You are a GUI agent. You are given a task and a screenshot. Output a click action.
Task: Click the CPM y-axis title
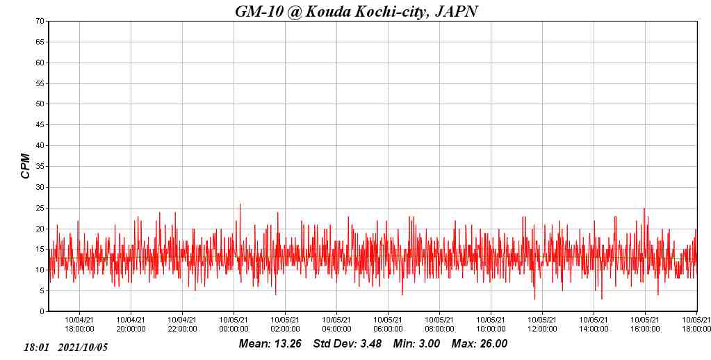[x=26, y=166]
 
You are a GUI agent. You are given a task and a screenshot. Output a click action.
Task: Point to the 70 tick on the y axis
[x=41, y=21]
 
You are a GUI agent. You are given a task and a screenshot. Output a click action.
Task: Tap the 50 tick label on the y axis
[x=41, y=104]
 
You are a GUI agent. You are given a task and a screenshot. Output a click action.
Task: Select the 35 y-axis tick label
[x=41, y=167]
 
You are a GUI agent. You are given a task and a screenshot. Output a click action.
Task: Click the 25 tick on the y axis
[x=41, y=208]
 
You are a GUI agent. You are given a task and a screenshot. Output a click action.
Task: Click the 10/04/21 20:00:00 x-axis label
[x=131, y=325]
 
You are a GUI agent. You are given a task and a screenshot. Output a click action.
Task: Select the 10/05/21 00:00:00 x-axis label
[x=234, y=325]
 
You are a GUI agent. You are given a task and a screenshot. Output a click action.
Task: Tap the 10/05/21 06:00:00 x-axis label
[x=388, y=325]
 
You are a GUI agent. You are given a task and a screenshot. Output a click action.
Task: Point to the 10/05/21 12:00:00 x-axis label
[x=542, y=325]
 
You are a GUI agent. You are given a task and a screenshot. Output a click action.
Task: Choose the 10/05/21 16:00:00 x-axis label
[x=645, y=325]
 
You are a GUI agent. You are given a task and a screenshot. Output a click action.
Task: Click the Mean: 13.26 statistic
[x=270, y=344]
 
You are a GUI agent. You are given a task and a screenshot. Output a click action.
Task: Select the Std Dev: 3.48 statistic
[x=347, y=344]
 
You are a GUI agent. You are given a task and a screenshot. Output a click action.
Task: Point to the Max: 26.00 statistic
[x=480, y=344]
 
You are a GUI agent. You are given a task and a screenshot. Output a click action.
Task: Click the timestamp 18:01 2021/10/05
[x=66, y=347]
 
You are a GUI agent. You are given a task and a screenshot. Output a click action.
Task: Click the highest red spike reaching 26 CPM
[x=240, y=204]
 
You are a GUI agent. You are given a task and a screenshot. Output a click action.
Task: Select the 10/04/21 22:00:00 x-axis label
[x=182, y=325]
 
